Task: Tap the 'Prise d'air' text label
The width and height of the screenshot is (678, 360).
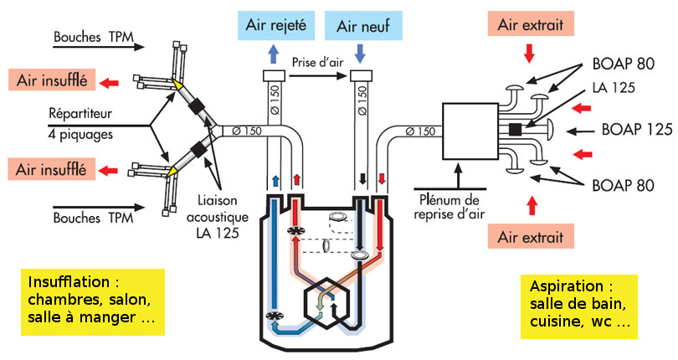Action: point(316,61)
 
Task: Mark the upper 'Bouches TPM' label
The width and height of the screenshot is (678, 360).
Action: point(87,38)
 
